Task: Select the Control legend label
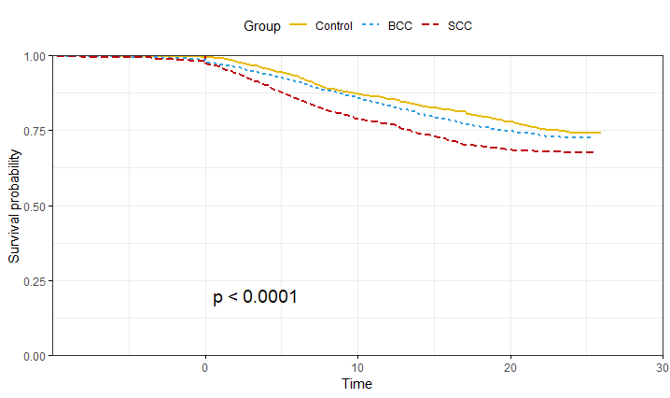pos(334,26)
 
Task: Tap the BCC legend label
pos(400,26)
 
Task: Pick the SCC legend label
pos(459,26)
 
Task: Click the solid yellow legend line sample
pos(300,26)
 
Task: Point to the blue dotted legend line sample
pos(370,26)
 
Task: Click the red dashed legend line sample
pos(430,26)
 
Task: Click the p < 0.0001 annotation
pos(255,297)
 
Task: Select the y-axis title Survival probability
pos(14,205)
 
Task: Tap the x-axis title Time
pos(356,384)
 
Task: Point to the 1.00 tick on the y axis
pos(35,56)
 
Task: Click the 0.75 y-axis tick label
pos(35,131)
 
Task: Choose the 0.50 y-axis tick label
pos(35,206)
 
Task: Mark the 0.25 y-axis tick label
pos(35,280)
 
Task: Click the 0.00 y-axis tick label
pos(35,356)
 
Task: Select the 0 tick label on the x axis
pos(205,367)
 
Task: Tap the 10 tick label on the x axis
pos(357,367)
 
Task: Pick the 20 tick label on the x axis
pos(509,367)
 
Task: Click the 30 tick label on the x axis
pos(662,367)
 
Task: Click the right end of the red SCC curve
pos(593,152)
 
